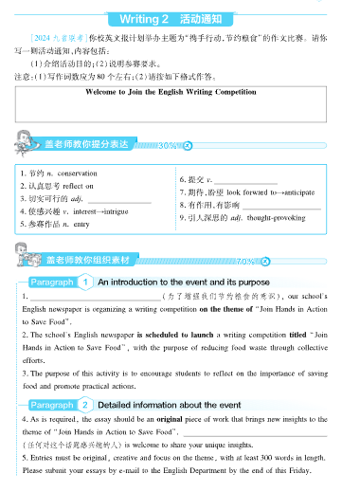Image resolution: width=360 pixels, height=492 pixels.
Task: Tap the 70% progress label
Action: coord(245,260)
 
